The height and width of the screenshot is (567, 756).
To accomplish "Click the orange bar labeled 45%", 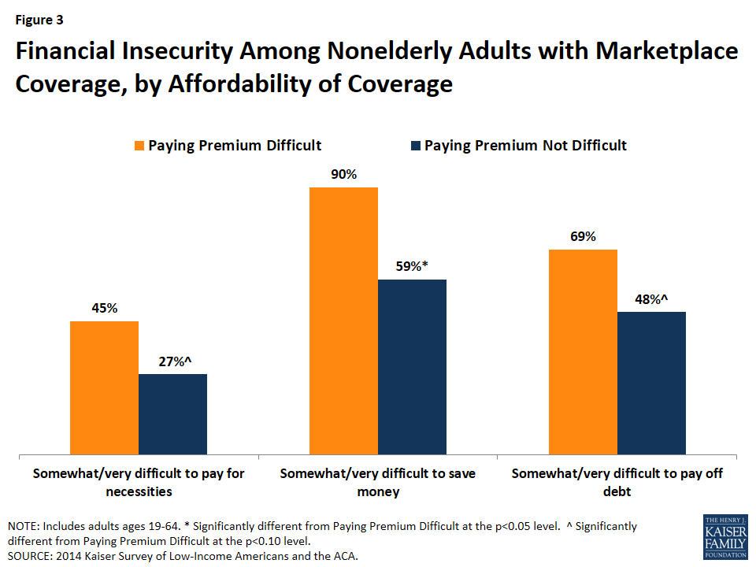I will click(104, 387).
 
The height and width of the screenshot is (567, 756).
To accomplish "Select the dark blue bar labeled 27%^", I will click(172, 414).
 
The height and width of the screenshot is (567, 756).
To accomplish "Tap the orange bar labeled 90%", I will click(343, 321).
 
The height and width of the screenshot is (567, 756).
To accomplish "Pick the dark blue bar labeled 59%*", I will click(412, 367).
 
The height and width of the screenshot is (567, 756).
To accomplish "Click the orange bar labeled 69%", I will click(583, 352).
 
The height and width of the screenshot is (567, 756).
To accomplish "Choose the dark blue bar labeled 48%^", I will click(651, 383).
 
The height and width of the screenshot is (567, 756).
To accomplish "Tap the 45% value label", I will click(104, 308).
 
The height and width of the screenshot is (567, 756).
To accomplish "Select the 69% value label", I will click(583, 236).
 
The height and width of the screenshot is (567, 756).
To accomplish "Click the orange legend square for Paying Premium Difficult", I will click(139, 146).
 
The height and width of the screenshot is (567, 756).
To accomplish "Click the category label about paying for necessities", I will click(139, 482).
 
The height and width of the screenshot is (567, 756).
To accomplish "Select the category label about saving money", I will click(377, 482).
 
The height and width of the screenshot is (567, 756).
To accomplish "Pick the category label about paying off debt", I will click(617, 482).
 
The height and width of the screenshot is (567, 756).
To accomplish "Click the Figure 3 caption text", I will click(40, 18).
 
